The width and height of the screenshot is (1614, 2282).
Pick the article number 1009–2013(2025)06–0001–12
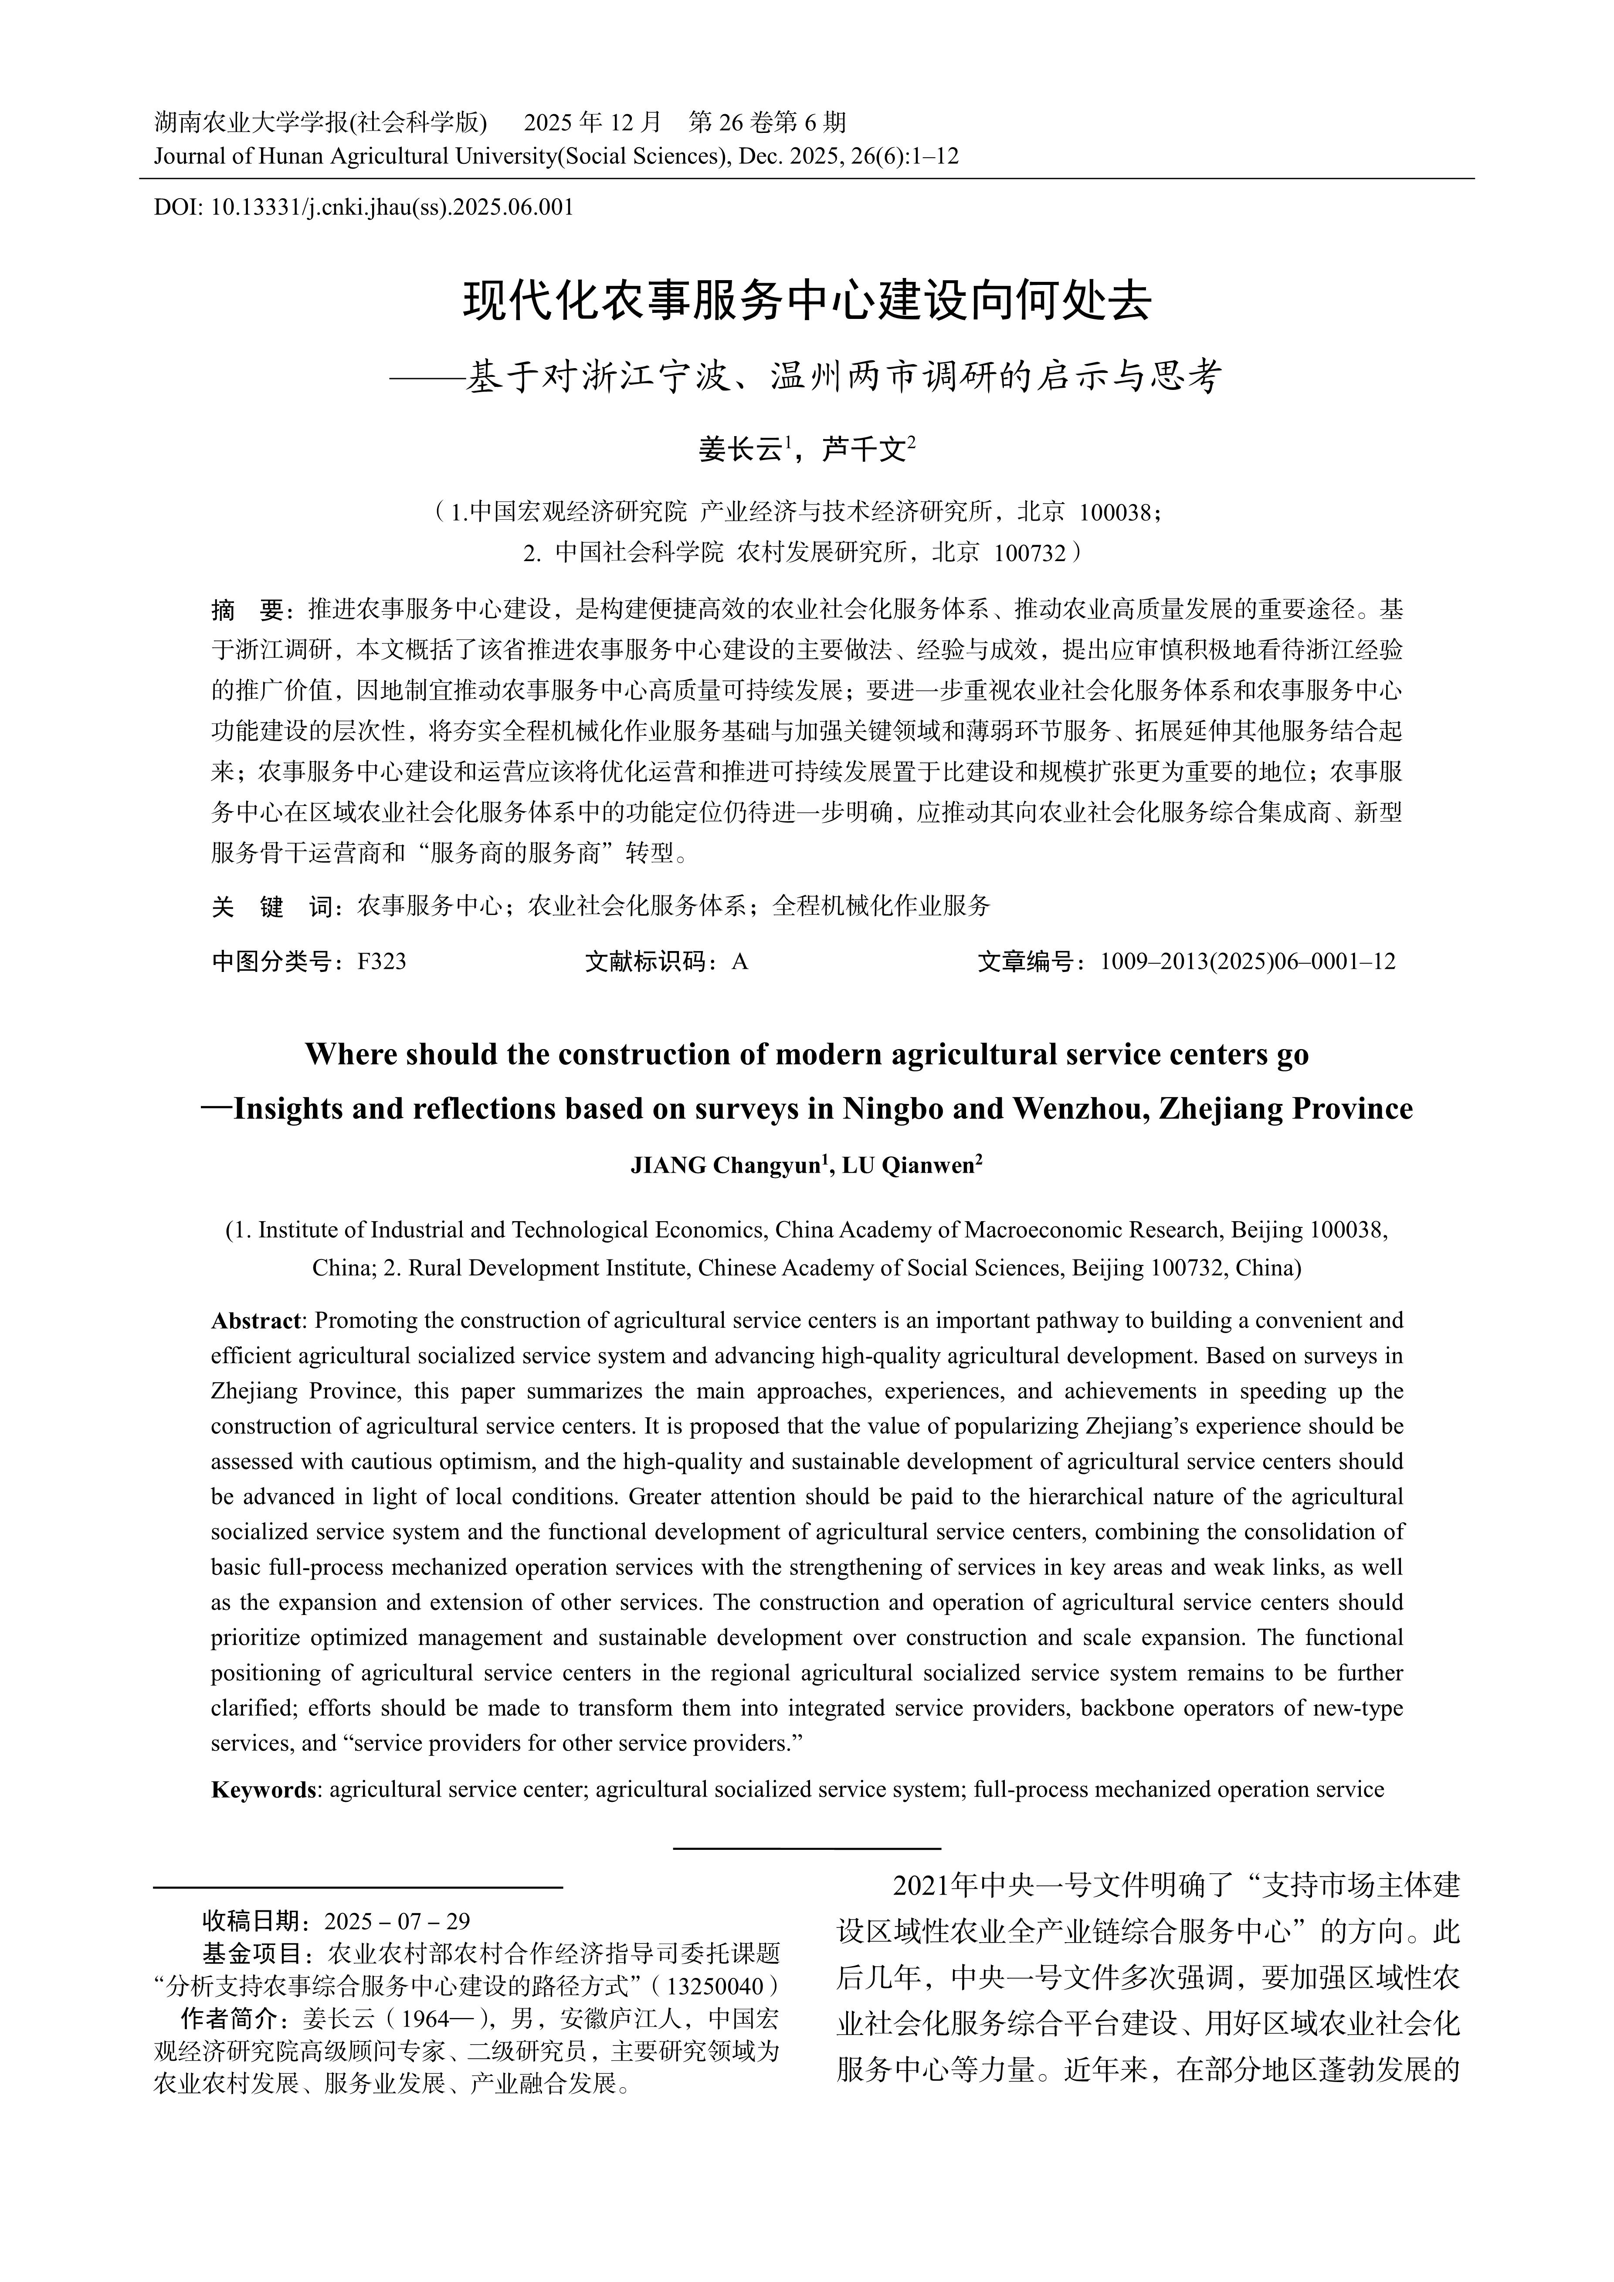[1247, 961]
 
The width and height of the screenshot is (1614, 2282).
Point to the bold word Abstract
[255, 1321]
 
